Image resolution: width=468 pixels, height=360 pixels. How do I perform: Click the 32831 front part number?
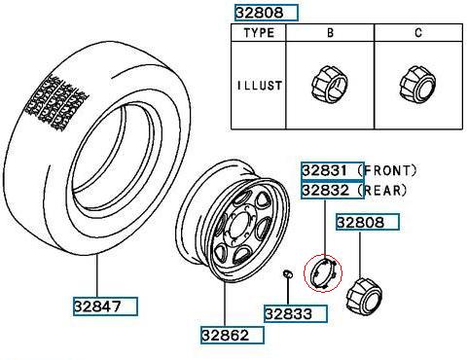coord(325,170)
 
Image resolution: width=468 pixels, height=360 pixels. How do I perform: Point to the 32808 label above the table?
coord(260,13)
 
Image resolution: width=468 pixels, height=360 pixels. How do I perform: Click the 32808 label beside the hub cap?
coord(360,223)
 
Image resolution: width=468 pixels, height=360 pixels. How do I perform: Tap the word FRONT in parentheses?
coord(387,170)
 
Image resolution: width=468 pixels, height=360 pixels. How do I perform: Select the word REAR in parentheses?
coord(382,190)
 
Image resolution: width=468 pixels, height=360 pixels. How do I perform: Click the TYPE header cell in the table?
coord(259,33)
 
